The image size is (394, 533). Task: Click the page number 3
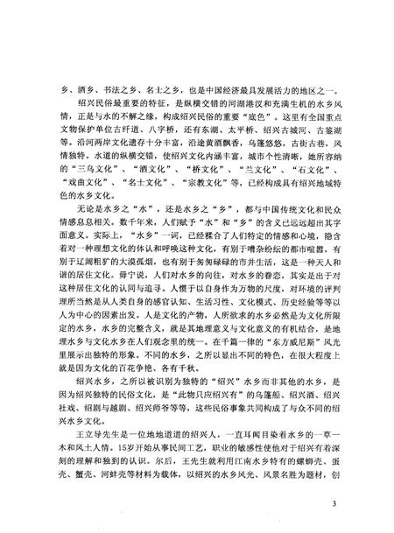pos(357,506)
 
